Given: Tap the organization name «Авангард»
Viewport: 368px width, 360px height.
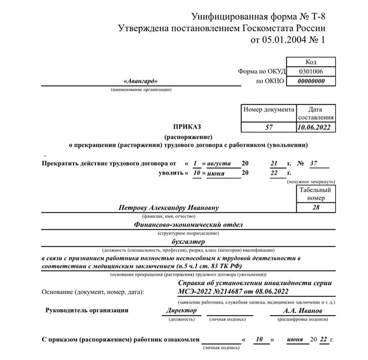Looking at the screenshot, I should coord(140,81).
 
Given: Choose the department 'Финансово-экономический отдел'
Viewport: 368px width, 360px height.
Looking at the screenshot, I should coord(188,225).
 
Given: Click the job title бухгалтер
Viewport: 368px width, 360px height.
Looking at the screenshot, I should coord(188,242).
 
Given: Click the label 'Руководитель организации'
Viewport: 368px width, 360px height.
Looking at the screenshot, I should coord(87,311).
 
